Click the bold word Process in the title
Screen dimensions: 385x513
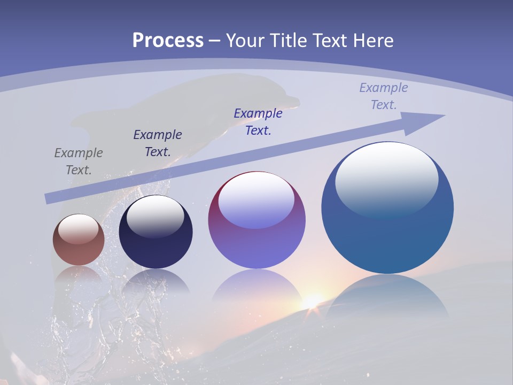click(x=168, y=40)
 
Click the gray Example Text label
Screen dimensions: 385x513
click(x=78, y=161)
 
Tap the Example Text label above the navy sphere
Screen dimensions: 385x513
click(x=157, y=143)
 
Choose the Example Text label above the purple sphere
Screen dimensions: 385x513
click(x=258, y=121)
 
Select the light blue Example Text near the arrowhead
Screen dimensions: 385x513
click(x=383, y=96)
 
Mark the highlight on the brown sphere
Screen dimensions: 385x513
click(x=79, y=229)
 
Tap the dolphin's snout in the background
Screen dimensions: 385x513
click(x=291, y=101)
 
